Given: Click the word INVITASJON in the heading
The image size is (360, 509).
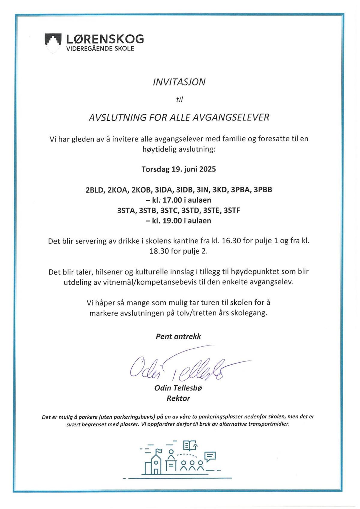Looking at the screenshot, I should click(x=179, y=82).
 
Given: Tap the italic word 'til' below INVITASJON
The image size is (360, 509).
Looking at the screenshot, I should click(x=179, y=100).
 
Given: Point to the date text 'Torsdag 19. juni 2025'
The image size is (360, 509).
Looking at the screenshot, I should click(x=178, y=169).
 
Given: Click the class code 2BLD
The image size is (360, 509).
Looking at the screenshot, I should click(x=94, y=190).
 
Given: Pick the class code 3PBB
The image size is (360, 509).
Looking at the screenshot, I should click(x=263, y=190).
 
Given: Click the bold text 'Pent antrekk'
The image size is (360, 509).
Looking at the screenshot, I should click(x=178, y=336).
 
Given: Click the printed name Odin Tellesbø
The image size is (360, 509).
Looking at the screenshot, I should click(x=178, y=388).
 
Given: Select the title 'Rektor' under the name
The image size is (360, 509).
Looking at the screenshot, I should click(x=178, y=398).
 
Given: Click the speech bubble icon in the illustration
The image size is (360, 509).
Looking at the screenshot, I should click(x=210, y=456).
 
